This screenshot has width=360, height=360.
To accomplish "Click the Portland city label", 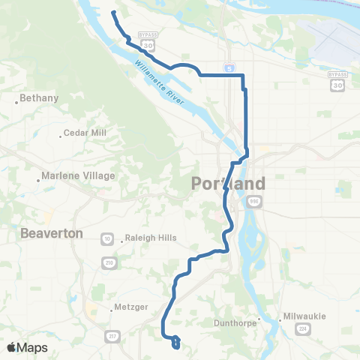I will click(x=229, y=184).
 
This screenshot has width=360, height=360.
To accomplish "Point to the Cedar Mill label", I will click(x=85, y=133).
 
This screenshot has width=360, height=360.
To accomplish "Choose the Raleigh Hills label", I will click(x=151, y=238).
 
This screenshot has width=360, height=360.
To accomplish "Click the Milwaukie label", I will click(x=305, y=316).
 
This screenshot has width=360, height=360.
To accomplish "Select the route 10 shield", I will click(x=106, y=238).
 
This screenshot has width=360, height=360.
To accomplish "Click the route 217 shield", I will click(x=111, y=334).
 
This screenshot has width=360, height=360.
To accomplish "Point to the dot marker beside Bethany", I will click(x=16, y=102).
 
